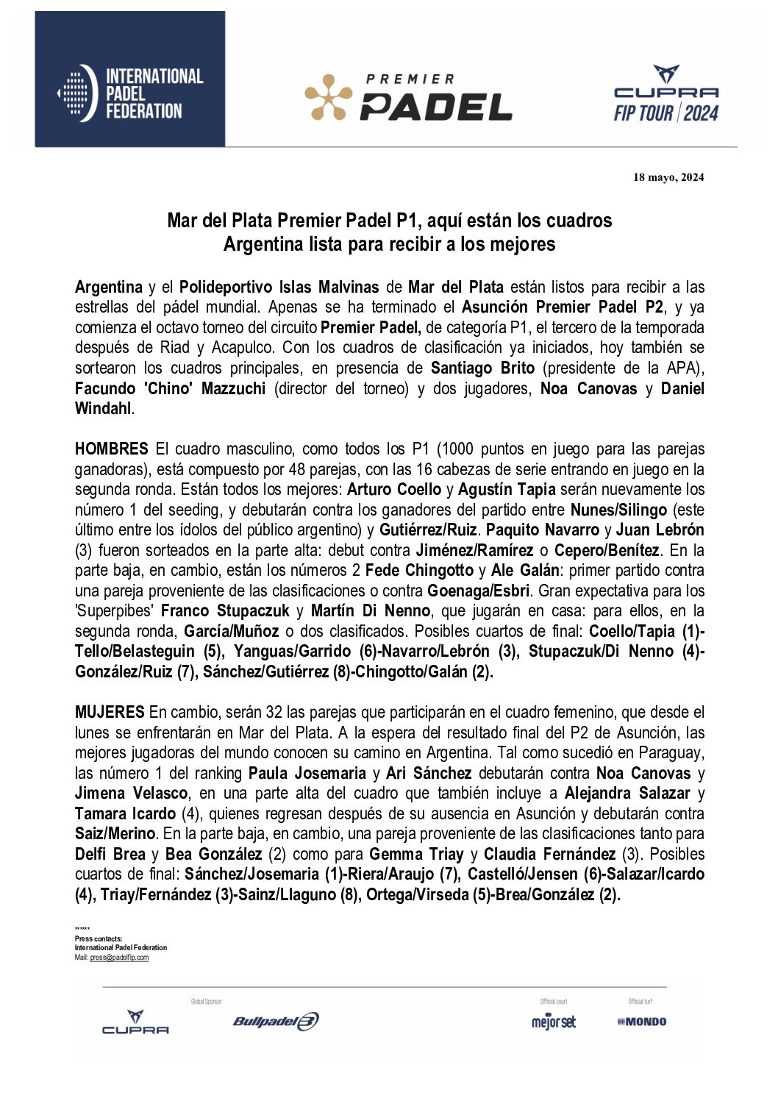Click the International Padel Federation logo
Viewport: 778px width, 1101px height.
130,93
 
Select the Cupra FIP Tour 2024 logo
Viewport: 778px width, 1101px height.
665,94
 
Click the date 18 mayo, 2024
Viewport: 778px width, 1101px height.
668,177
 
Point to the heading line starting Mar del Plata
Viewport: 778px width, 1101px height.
389,221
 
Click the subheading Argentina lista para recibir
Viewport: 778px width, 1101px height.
389,244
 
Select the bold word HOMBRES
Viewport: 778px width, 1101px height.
112,449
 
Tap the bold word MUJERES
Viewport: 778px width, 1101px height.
110,712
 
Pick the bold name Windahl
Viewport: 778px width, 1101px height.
103,409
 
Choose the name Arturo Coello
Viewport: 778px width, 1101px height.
394,490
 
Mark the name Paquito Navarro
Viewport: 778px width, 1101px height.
543,530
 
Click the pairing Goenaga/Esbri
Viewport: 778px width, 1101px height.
479,591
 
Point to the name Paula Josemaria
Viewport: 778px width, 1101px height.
307,773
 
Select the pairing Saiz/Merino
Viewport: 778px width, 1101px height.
115,833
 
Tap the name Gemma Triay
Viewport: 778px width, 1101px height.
416,854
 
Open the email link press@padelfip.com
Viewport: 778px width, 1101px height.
119,958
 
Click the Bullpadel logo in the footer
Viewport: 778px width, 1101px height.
276,1021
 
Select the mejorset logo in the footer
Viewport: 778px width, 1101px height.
554,1022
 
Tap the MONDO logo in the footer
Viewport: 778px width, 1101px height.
642,1022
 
